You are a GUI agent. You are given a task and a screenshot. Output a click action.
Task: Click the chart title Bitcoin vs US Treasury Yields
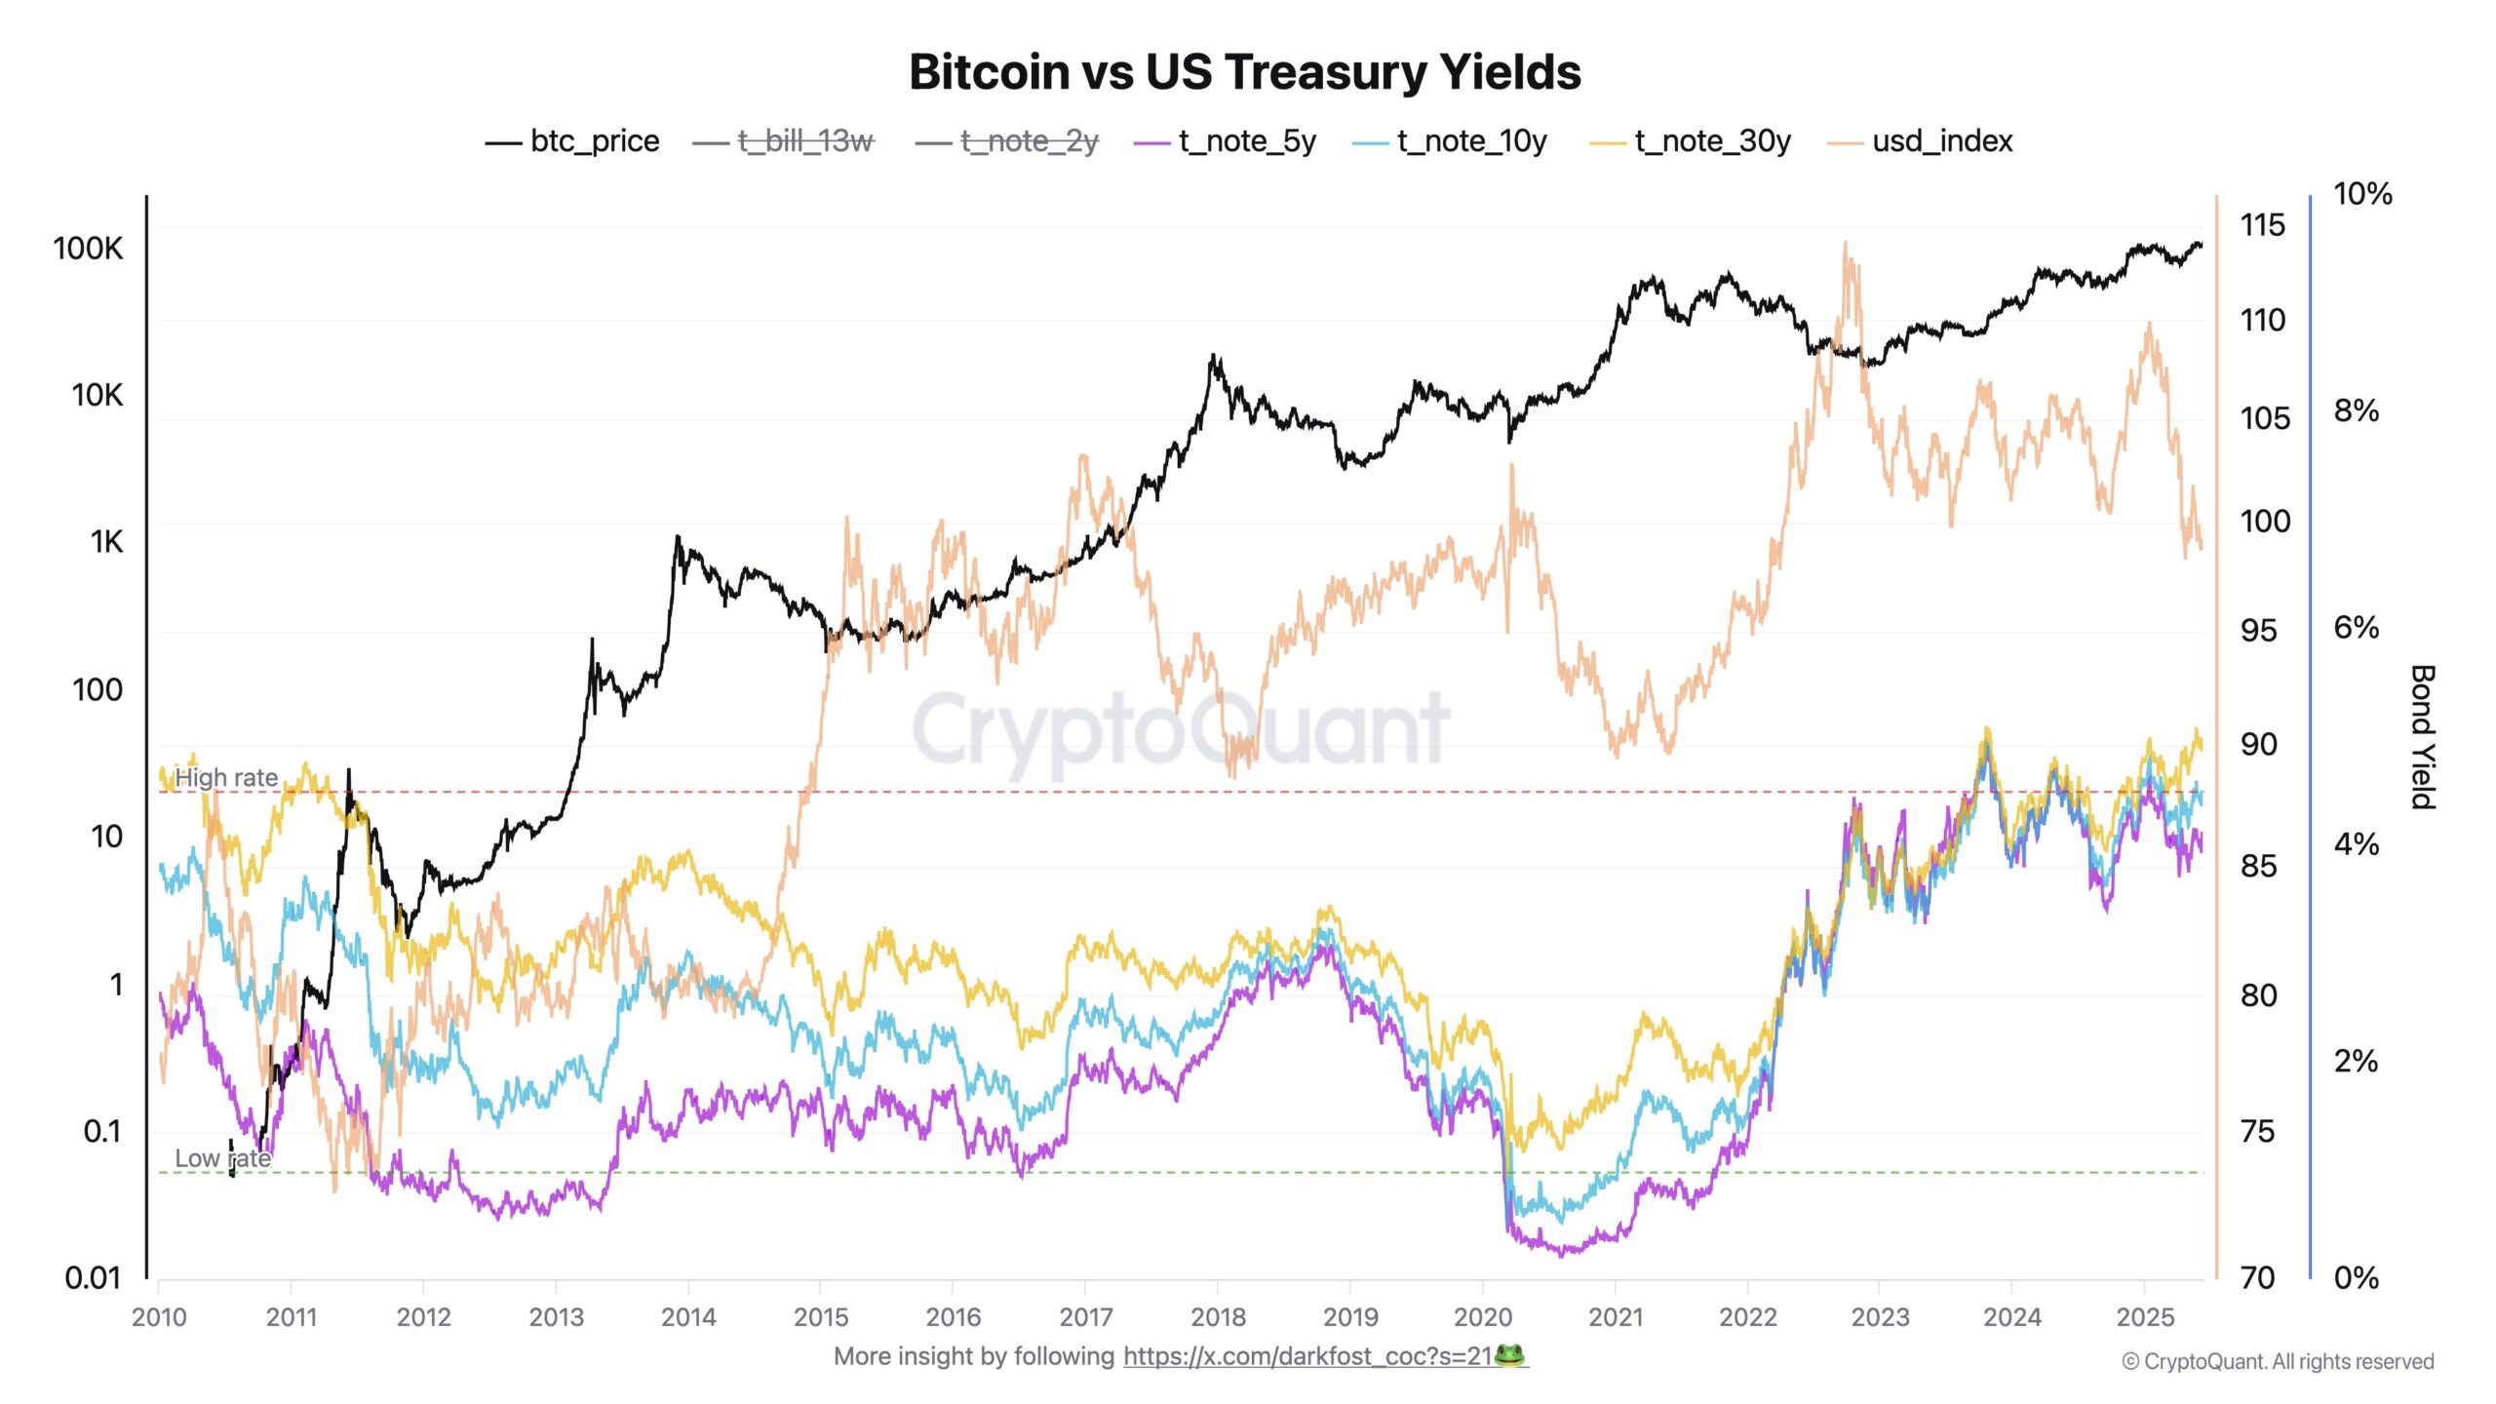(1245, 72)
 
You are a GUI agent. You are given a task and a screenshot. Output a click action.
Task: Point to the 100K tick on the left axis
(89, 249)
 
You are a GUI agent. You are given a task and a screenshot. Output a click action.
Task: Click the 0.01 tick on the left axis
(93, 1277)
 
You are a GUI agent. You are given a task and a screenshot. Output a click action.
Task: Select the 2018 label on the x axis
(1218, 1317)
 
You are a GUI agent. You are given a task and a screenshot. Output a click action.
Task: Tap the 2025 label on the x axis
(2145, 1317)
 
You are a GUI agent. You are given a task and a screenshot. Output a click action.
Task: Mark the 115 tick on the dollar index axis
(2262, 225)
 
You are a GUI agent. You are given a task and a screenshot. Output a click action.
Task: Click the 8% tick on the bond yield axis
(2356, 410)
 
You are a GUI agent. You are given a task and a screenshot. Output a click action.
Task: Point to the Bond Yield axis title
(2424, 737)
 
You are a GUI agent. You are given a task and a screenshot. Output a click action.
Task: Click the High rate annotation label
(226, 777)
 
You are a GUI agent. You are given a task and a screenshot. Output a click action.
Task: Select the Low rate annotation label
(222, 1158)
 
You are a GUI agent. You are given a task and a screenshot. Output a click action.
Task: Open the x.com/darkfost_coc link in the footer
(1306, 1356)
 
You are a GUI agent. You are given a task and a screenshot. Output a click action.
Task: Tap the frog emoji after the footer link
(1508, 1356)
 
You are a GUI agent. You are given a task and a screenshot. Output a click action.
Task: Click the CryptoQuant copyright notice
(2278, 1361)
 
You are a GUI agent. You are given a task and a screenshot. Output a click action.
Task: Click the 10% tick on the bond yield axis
(2362, 194)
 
